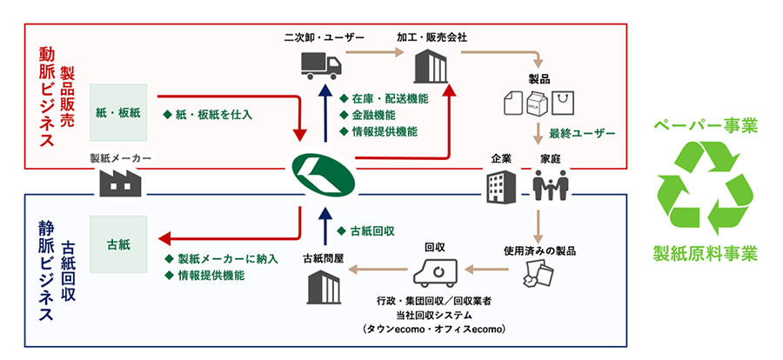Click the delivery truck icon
(321, 64)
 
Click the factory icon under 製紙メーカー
(121, 181)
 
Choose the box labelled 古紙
(119, 243)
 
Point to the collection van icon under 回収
(434, 272)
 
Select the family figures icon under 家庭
(550, 183)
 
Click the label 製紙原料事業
(706, 254)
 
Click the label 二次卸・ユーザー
(323, 37)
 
